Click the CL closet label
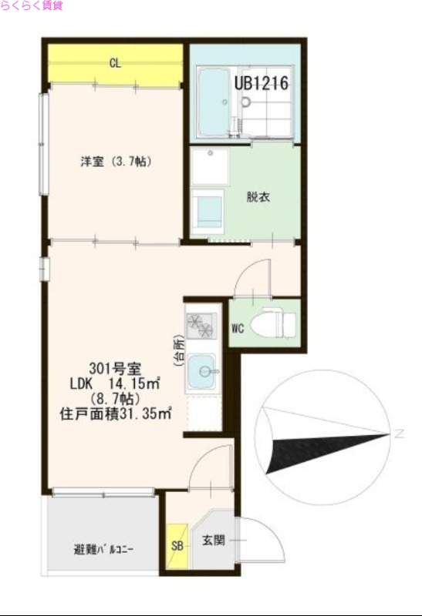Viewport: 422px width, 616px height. point(114,63)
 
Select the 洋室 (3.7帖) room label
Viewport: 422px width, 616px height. point(115,162)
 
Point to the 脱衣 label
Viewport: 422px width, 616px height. point(258,196)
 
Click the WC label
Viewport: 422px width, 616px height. point(238,328)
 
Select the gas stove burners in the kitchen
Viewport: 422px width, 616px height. point(201,324)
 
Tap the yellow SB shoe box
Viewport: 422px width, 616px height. point(177,547)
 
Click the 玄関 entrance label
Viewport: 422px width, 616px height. point(213,541)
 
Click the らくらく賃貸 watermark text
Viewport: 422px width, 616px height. point(32,5)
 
